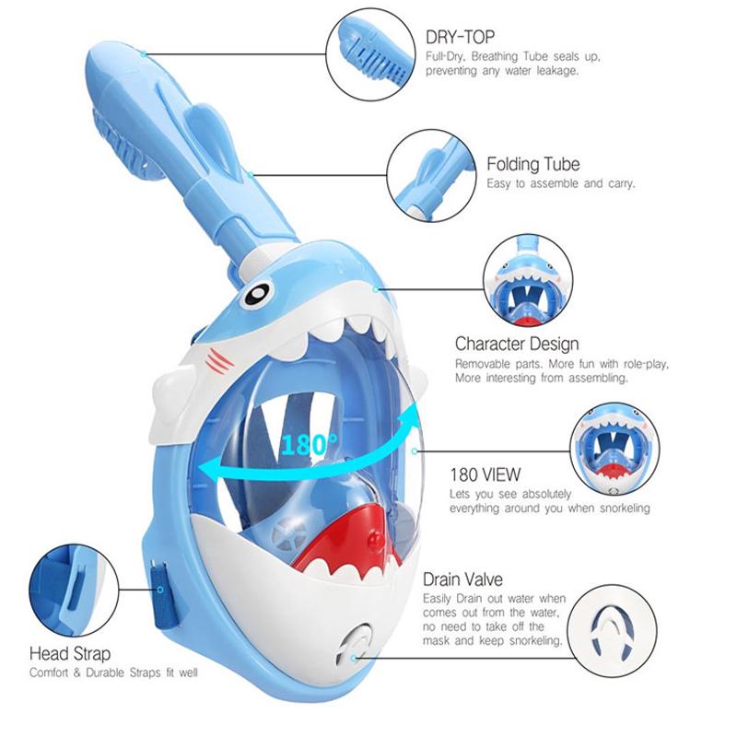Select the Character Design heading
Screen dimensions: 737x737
pos(517,344)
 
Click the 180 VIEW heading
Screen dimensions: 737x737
pos(485,476)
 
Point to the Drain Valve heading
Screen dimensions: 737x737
pos(463,580)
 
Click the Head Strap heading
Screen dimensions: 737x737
pos(70,654)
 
